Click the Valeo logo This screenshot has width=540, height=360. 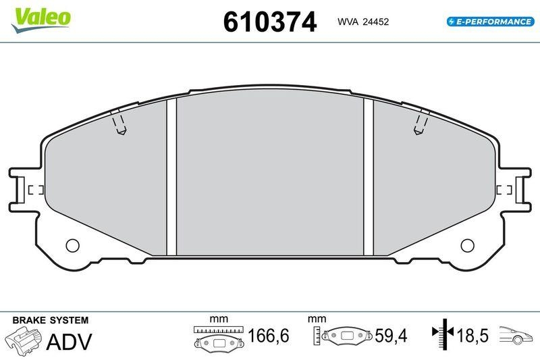pos(41,20)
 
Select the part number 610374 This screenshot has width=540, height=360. pos(269,22)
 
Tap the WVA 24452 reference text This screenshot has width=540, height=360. pos(363,22)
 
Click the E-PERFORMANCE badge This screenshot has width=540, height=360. pos(491,22)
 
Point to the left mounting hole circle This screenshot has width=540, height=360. pos(72,245)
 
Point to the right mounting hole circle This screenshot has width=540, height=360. pos(467,245)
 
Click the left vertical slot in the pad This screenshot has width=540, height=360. pos(171,177)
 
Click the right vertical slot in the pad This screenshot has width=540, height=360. pos(369,177)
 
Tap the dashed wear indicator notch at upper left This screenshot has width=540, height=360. pos(119,122)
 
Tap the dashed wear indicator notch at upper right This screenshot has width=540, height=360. pos(421,122)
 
